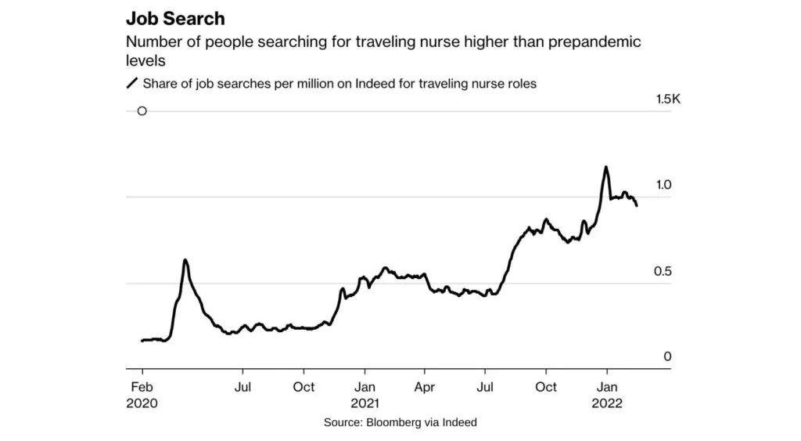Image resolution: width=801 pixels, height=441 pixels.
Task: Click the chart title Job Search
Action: tap(175, 19)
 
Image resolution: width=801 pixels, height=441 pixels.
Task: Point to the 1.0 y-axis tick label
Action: tap(664, 185)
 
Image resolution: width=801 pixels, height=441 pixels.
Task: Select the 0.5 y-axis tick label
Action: tap(664, 271)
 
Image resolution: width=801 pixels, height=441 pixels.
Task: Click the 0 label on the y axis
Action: tap(667, 357)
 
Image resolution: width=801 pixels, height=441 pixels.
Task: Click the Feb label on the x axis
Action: tap(142, 387)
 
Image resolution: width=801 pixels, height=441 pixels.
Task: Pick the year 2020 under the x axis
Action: tap(142, 403)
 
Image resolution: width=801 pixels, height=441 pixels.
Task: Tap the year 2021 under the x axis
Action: tap(365, 403)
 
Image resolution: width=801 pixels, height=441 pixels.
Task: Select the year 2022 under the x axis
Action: tap(607, 403)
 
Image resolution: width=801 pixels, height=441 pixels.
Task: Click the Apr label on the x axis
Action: tap(425, 387)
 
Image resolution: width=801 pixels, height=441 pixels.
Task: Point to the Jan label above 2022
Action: tap(607, 387)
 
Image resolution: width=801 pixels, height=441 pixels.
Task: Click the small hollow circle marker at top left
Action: tap(142, 111)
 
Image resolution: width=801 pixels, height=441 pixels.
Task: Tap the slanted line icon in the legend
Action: tap(131, 84)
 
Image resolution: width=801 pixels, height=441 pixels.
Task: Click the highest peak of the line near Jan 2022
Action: tap(605, 167)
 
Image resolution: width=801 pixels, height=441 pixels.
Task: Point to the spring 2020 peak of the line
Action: tap(185, 260)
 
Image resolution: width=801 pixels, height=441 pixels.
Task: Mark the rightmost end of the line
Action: tap(637, 205)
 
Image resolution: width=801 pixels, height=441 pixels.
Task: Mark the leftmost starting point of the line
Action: tap(142, 341)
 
